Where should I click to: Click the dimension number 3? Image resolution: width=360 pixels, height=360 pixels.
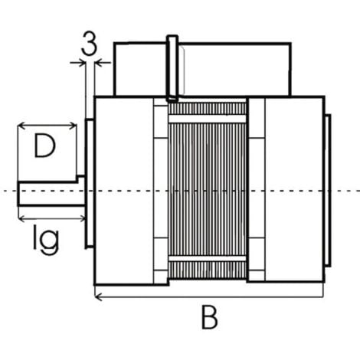89,44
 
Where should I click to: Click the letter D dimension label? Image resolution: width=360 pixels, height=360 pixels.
44,146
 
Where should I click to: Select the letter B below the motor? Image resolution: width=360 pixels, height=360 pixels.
209,317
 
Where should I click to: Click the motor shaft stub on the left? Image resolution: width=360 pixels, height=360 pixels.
51,193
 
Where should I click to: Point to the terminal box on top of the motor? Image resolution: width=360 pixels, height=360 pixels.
202,70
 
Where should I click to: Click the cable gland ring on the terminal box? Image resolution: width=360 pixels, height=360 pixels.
172,68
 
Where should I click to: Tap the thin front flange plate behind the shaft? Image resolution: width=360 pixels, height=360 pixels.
90,183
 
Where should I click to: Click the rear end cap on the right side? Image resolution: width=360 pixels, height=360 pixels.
328,191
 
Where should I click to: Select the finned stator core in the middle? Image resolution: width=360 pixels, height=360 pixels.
208,191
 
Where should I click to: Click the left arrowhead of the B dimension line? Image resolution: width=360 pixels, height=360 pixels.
98,297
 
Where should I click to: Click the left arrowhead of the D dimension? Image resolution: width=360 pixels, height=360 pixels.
21,126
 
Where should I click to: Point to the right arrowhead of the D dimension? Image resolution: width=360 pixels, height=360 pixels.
73,126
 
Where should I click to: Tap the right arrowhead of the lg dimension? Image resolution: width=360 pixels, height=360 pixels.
82,218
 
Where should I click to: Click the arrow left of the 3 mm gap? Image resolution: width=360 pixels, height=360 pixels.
77,62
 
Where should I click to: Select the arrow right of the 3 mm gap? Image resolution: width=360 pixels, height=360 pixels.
103,62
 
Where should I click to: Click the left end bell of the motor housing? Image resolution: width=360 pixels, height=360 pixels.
124,191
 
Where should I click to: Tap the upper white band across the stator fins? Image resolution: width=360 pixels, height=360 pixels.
208,119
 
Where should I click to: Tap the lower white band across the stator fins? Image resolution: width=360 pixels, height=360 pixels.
208,259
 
